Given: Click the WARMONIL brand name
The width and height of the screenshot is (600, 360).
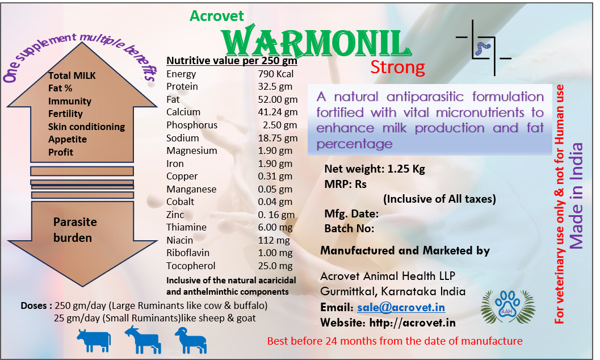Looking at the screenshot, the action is [x=316, y=41].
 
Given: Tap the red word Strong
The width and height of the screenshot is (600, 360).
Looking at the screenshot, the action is [x=397, y=68].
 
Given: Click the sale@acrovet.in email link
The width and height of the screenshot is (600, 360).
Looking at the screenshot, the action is [x=401, y=308].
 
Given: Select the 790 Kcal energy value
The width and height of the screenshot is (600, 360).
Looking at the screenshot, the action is [x=275, y=74].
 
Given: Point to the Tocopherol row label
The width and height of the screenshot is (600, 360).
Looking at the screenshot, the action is [x=191, y=266].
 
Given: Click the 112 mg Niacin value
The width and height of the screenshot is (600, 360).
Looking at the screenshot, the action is [x=274, y=240].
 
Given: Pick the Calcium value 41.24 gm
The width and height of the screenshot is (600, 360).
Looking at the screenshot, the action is [x=278, y=112].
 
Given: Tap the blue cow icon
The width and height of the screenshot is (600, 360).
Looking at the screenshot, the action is [x=94, y=340].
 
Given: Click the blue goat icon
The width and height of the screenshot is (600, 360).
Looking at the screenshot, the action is [x=143, y=340].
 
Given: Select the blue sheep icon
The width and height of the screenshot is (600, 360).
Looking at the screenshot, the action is [x=191, y=340].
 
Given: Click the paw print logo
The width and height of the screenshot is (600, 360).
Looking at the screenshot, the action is [x=507, y=307].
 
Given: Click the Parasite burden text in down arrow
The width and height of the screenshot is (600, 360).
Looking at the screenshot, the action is [x=74, y=230].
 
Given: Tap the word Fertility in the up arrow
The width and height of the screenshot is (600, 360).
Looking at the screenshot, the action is [x=65, y=114].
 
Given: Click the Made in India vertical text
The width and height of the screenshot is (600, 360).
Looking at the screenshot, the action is [x=576, y=196].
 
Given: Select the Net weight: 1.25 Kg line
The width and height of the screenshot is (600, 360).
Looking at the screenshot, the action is [x=375, y=169].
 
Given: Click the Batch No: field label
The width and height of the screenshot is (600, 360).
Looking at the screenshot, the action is [x=349, y=228].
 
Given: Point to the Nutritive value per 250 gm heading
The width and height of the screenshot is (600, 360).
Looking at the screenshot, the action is [x=232, y=60].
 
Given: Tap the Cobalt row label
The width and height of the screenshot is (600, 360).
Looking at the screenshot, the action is [x=181, y=202].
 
